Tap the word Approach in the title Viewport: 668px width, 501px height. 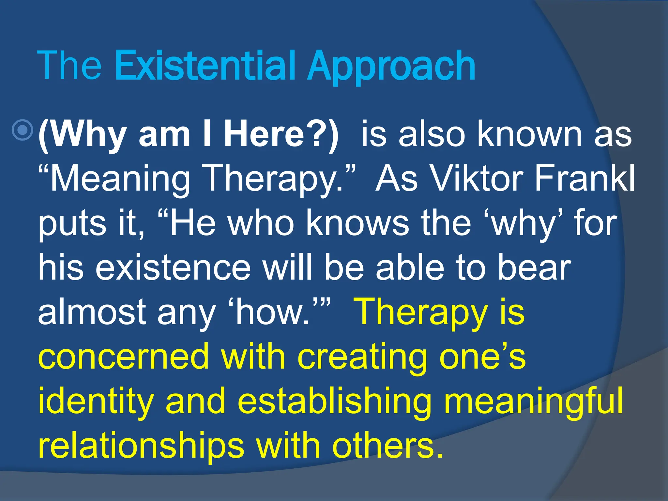[391, 67]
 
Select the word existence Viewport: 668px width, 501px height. [173, 267]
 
